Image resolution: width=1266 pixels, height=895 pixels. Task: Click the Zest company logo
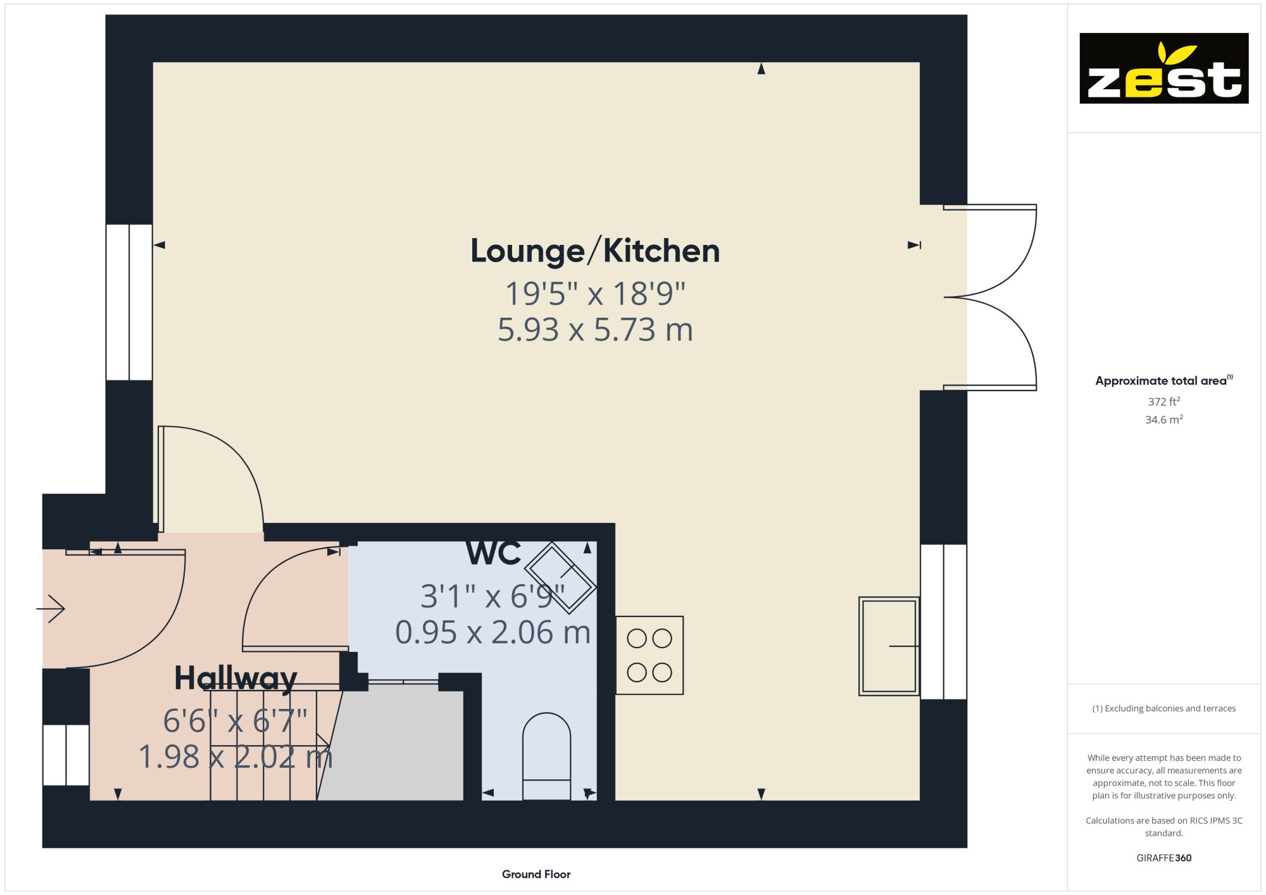coord(1163,68)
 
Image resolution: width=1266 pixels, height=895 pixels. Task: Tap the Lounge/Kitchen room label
coord(595,251)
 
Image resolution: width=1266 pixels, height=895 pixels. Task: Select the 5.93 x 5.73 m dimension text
coord(595,330)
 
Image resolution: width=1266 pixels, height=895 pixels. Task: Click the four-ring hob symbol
coord(649,655)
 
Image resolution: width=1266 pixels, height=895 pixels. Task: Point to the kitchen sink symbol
coord(889,646)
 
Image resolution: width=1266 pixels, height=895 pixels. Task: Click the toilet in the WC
coord(546,756)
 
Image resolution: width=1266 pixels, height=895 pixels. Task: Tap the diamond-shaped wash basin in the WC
coord(560,577)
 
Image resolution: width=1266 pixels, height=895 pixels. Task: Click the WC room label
coord(493,553)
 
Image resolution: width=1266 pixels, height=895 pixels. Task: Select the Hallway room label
coord(235,679)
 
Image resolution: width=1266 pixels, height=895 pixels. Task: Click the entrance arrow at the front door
coord(51,609)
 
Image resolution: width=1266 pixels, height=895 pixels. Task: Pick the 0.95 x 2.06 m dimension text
coord(493,632)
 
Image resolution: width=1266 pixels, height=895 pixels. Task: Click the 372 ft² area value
coord(1163,401)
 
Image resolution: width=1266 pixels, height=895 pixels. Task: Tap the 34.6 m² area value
coord(1163,419)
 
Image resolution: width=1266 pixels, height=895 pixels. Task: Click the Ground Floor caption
coord(536,874)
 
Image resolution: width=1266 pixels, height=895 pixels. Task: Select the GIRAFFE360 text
coord(1163,858)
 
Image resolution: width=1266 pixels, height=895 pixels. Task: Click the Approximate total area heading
coord(1163,380)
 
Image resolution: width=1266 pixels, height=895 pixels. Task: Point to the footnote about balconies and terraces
coord(1163,708)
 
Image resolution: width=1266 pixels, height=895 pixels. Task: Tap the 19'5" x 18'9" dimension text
coord(595,293)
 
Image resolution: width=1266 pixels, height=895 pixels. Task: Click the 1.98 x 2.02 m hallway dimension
coord(235,756)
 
